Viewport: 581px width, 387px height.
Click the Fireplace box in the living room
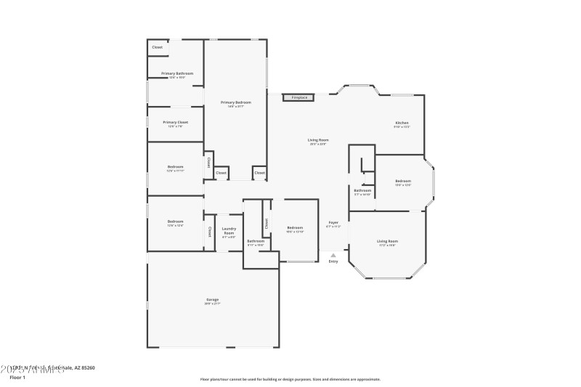click(x=299, y=97)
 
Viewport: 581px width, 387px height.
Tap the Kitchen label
click(x=402, y=123)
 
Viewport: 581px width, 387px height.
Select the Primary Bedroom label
click(x=235, y=103)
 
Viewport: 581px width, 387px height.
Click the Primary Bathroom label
click(x=176, y=73)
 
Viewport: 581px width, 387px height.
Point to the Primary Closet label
click(x=175, y=122)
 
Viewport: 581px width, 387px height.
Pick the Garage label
click(x=212, y=299)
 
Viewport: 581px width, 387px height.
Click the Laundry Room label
click(x=229, y=231)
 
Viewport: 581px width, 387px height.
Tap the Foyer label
click(x=333, y=222)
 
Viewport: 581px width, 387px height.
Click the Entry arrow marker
click(x=333, y=255)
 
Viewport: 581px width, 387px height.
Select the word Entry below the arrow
click(x=333, y=261)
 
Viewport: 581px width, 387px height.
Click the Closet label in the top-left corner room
click(x=157, y=48)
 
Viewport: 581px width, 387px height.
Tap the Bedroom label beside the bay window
click(x=403, y=181)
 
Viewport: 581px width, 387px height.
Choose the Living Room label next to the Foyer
click(x=387, y=241)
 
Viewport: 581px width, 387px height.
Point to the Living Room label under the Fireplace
click(x=318, y=139)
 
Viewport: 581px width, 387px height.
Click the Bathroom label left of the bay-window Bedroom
click(x=362, y=190)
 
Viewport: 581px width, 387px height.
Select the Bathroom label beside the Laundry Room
click(x=256, y=241)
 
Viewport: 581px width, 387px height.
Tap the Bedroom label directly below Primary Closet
click(x=175, y=166)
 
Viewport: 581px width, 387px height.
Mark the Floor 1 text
click(x=17, y=378)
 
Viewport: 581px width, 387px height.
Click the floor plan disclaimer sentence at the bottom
click(x=290, y=379)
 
